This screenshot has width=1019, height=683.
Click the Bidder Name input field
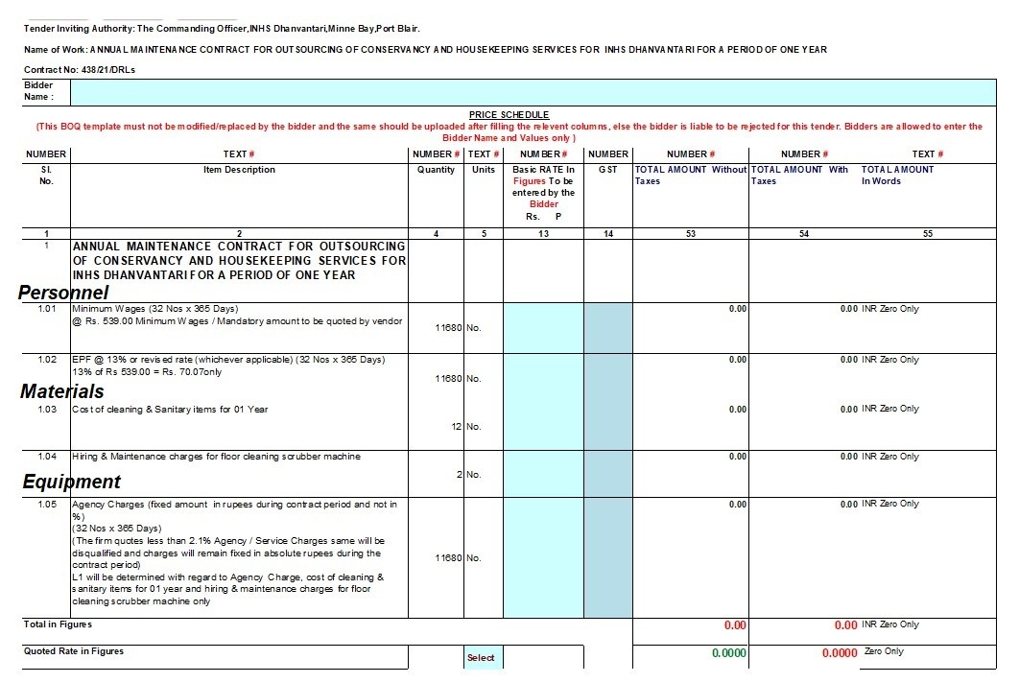[x=537, y=91]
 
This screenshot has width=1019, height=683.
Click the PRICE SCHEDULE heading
[x=509, y=115]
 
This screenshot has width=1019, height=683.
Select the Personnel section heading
[x=63, y=293]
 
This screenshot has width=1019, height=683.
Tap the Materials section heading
[x=62, y=391]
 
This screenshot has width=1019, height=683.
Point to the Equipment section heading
[x=72, y=482]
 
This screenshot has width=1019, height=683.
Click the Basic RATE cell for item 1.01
[x=543, y=327]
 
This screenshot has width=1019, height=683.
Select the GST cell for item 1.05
[x=607, y=557]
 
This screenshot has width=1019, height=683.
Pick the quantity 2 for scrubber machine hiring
[x=460, y=474]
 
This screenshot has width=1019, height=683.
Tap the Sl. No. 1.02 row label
[x=46, y=360]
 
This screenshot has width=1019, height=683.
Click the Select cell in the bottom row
[x=481, y=657]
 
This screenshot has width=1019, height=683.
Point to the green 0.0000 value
[x=729, y=652]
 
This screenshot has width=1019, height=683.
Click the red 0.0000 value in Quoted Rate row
[x=840, y=653]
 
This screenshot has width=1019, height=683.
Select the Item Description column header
[x=239, y=170]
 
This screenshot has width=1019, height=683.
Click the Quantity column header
[x=436, y=170]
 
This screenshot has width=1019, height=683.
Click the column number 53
[x=691, y=234]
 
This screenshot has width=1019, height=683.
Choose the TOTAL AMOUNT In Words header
[x=897, y=176]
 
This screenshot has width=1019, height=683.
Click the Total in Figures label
[x=58, y=624]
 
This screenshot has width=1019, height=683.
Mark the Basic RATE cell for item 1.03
[x=543, y=426]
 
